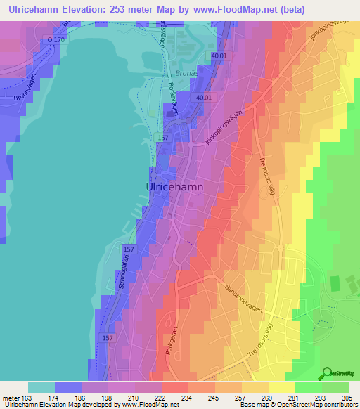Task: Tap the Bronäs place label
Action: [182, 73]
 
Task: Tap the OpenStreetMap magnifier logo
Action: [327, 374]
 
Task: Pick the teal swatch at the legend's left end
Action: [41, 387]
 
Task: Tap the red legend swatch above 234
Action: [174, 387]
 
